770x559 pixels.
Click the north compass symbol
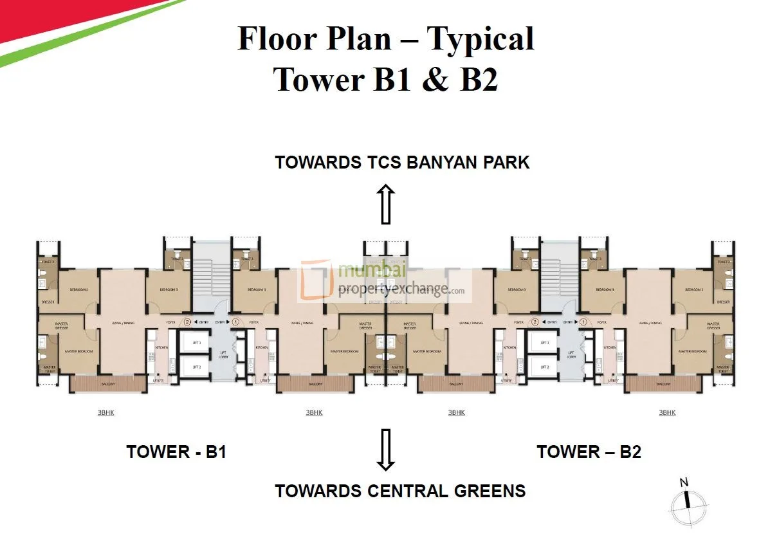click(x=688, y=500)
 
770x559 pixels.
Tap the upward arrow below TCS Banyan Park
click(x=385, y=204)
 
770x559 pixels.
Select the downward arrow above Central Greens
click(x=385, y=450)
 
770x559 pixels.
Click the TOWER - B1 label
click(x=176, y=452)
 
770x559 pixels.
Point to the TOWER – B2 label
click(x=589, y=452)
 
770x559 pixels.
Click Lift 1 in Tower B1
click(x=194, y=344)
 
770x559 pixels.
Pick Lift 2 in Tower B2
click(x=544, y=367)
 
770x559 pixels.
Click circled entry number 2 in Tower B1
click(x=187, y=322)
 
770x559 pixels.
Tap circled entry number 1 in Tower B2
click(x=583, y=322)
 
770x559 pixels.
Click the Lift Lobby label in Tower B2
click(x=570, y=354)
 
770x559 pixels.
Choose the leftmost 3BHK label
click(x=106, y=412)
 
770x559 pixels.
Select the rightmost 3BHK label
click(x=667, y=412)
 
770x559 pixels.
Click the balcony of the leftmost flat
click(x=108, y=384)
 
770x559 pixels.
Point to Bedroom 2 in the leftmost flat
click(x=78, y=289)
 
